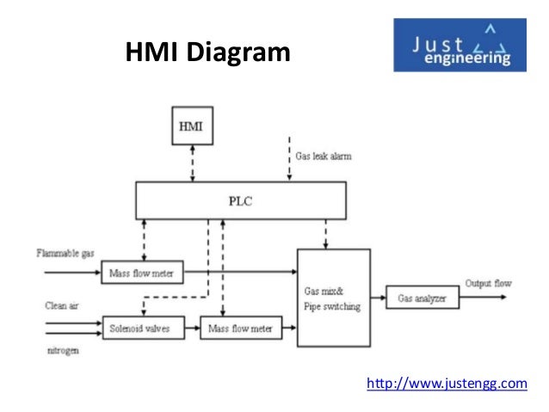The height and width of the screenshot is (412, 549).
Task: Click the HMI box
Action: click(x=191, y=126)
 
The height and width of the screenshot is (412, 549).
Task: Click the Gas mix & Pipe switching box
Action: click(x=333, y=298)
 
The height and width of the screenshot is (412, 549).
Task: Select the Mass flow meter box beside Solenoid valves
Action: click(x=240, y=328)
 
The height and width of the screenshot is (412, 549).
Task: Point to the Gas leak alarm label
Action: click(x=323, y=157)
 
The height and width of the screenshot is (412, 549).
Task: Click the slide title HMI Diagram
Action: click(x=209, y=55)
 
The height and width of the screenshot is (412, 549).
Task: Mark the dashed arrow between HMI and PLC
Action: click(x=191, y=163)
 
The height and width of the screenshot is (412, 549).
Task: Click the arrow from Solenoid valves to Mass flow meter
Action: click(x=191, y=328)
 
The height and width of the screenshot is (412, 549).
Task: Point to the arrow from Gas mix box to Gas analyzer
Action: click(x=378, y=298)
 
